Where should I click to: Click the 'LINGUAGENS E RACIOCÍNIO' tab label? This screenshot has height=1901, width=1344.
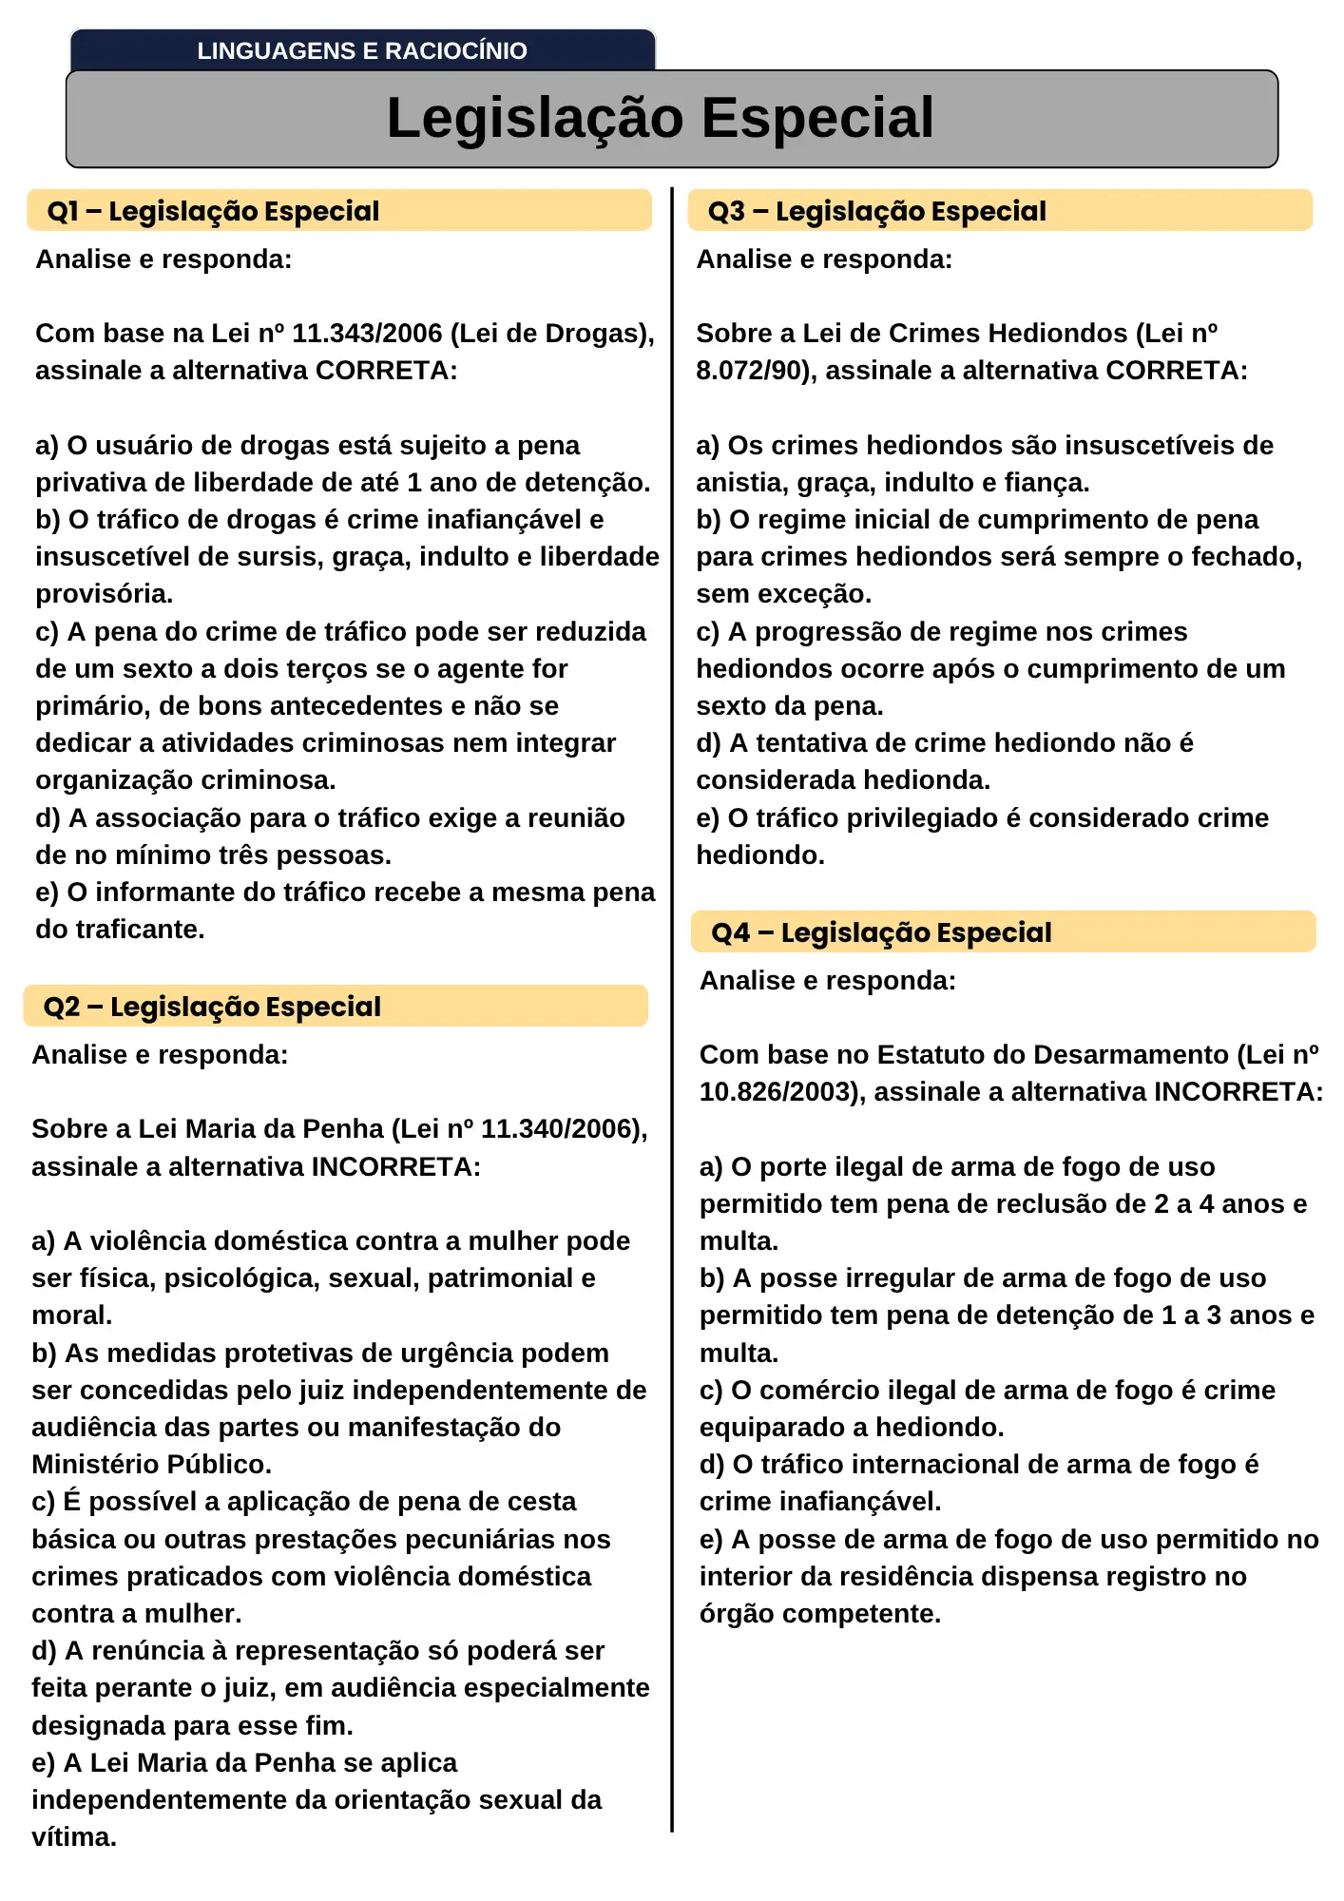click(x=362, y=51)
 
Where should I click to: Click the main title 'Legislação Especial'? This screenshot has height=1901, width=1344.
click(x=661, y=118)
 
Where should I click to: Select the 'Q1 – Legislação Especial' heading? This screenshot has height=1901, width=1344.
click(x=213, y=211)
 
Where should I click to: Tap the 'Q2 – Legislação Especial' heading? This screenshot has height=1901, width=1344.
click(x=212, y=1007)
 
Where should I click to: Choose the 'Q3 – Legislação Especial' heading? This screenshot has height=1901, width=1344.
click(x=876, y=211)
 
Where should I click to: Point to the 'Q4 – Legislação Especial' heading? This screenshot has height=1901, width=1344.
click(x=881, y=932)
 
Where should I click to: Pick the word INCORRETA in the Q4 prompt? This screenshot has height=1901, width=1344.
click(x=1238, y=1092)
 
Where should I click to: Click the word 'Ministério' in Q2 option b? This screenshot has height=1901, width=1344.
click(x=91, y=1465)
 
